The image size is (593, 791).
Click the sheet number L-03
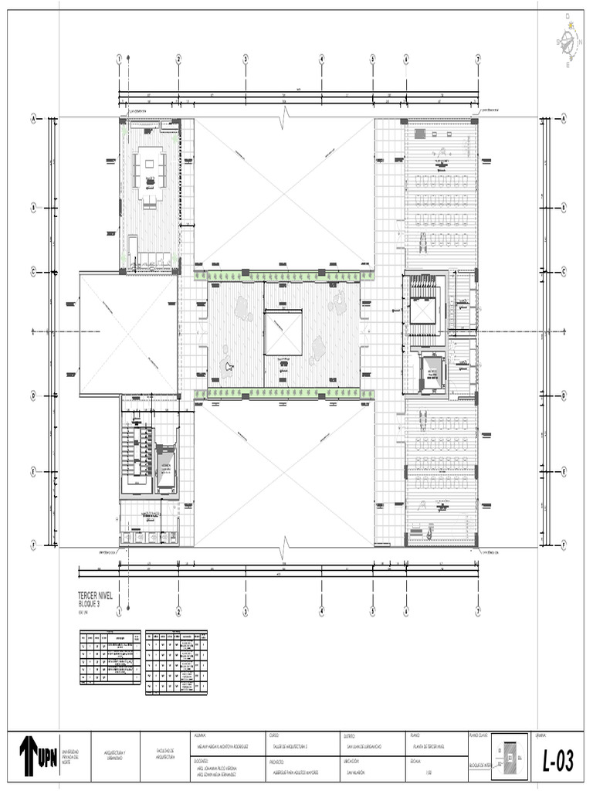557,762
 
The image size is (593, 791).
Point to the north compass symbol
569,39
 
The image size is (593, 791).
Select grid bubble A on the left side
33,118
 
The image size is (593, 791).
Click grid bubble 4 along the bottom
322,610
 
